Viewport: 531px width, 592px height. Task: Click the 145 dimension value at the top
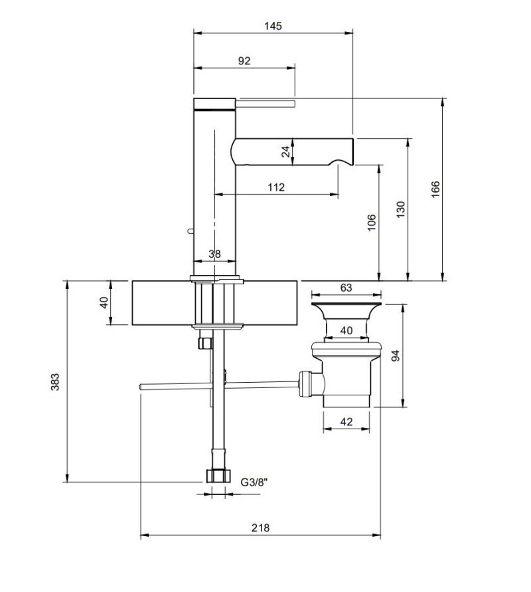tap(273, 26)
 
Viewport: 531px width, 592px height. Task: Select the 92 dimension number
tap(244, 60)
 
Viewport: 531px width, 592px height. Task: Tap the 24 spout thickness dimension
tap(286, 151)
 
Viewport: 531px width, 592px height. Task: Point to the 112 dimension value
tap(276, 187)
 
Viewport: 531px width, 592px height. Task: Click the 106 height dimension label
tap(372, 223)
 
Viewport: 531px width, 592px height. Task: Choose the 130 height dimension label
tap(400, 209)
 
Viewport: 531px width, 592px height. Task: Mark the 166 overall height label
tap(435, 189)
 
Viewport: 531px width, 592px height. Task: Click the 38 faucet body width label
tap(214, 254)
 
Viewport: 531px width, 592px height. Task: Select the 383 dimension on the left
tap(55, 381)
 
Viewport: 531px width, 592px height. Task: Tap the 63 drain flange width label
tap(346, 288)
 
